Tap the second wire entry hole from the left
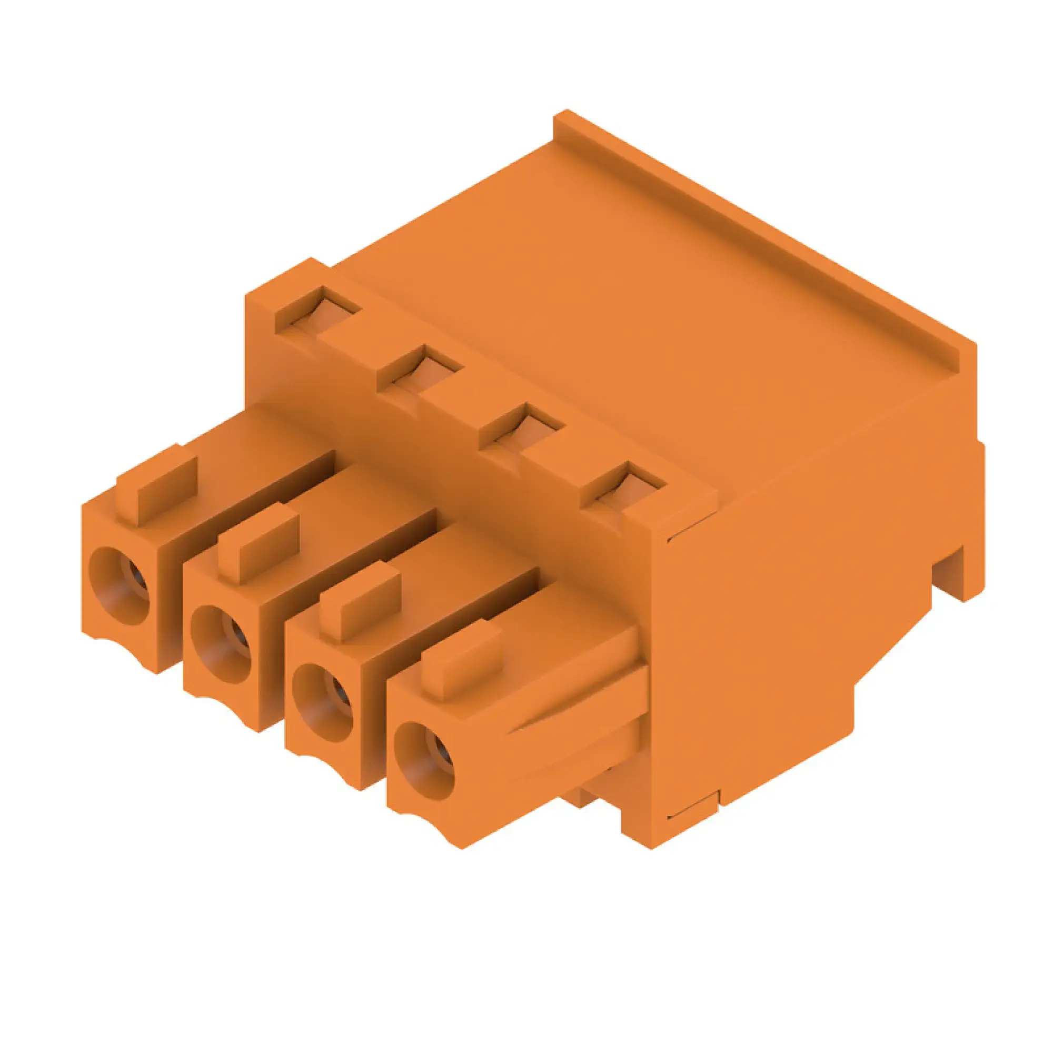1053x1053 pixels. pyautogui.click(x=222, y=645)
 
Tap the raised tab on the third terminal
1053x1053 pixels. pyautogui.click(x=360, y=602)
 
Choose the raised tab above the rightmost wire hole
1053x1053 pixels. pyautogui.click(x=461, y=660)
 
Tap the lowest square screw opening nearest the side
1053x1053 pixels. pyautogui.click(x=623, y=486)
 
